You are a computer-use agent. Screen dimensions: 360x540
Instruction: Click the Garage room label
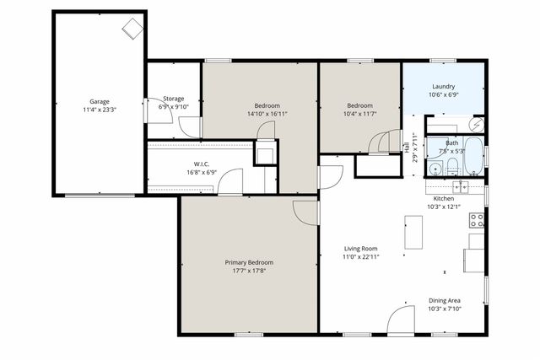100,101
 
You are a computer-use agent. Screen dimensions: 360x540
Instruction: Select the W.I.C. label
201,164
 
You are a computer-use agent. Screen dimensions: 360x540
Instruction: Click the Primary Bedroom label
248,262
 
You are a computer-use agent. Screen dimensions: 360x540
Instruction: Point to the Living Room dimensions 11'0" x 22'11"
361,257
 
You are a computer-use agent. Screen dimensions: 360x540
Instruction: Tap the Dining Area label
444,300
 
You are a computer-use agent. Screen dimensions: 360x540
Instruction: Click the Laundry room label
444,87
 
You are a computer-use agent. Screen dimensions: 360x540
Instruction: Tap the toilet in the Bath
452,164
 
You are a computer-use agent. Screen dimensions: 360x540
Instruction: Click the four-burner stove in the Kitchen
478,221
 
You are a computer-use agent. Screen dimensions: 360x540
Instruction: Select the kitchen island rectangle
413,233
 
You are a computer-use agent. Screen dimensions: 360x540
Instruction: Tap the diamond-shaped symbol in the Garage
132,29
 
